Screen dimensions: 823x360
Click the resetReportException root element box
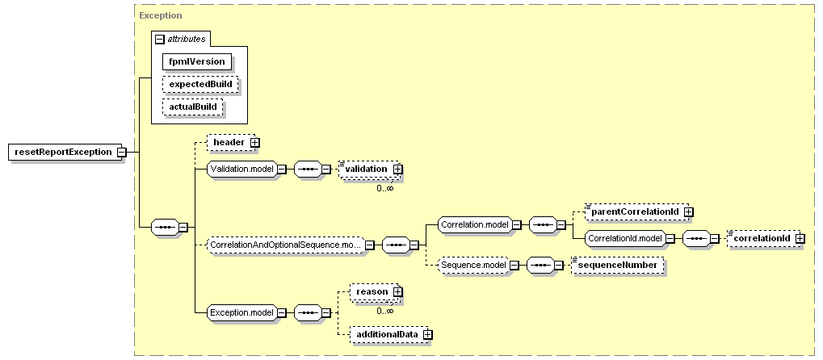point(63,153)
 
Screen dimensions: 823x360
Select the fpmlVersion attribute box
point(197,61)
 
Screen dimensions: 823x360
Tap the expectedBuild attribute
point(200,84)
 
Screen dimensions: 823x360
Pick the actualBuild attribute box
point(193,107)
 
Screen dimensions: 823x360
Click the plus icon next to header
point(255,142)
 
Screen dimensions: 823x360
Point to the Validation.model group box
point(242,169)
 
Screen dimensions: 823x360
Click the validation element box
point(368,169)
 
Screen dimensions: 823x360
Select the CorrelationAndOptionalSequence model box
point(286,245)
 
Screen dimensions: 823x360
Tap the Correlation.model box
point(475,225)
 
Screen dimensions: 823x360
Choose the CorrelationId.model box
point(625,238)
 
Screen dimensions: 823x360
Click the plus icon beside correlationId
point(800,239)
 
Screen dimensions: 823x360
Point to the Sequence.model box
point(474,265)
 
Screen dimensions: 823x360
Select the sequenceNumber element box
point(617,265)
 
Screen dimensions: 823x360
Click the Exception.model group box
point(242,312)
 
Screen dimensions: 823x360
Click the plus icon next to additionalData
point(428,334)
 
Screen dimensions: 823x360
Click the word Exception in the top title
point(161,15)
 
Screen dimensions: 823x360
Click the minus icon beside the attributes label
point(160,40)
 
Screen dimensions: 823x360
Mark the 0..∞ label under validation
point(384,188)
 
